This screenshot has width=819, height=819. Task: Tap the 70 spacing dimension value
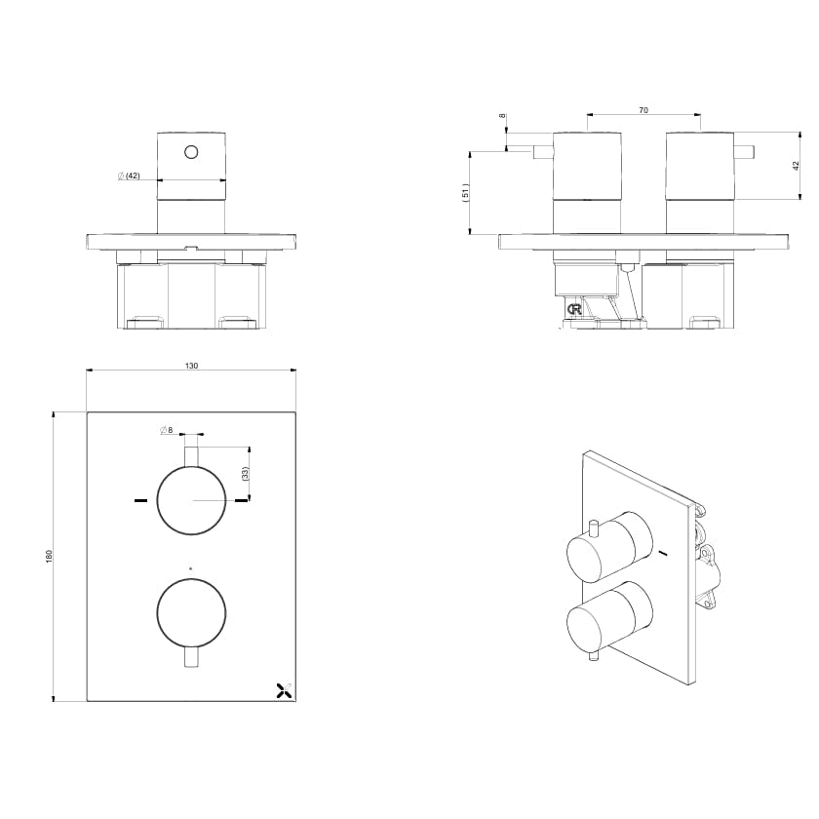click(643, 110)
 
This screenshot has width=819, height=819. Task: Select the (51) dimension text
click(466, 193)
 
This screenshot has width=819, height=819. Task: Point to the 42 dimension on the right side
click(796, 166)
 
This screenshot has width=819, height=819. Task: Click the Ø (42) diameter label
click(129, 175)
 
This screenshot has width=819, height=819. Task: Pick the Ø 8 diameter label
click(165, 430)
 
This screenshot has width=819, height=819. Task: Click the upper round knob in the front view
click(191, 500)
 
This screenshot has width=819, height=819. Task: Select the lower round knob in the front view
click(191, 611)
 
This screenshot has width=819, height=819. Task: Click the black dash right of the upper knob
click(241, 501)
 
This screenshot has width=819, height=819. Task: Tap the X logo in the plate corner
click(283, 690)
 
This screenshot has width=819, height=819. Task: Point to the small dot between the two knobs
click(191, 567)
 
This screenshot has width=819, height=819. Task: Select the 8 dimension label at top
click(502, 116)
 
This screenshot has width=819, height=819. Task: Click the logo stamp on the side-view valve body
click(576, 310)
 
